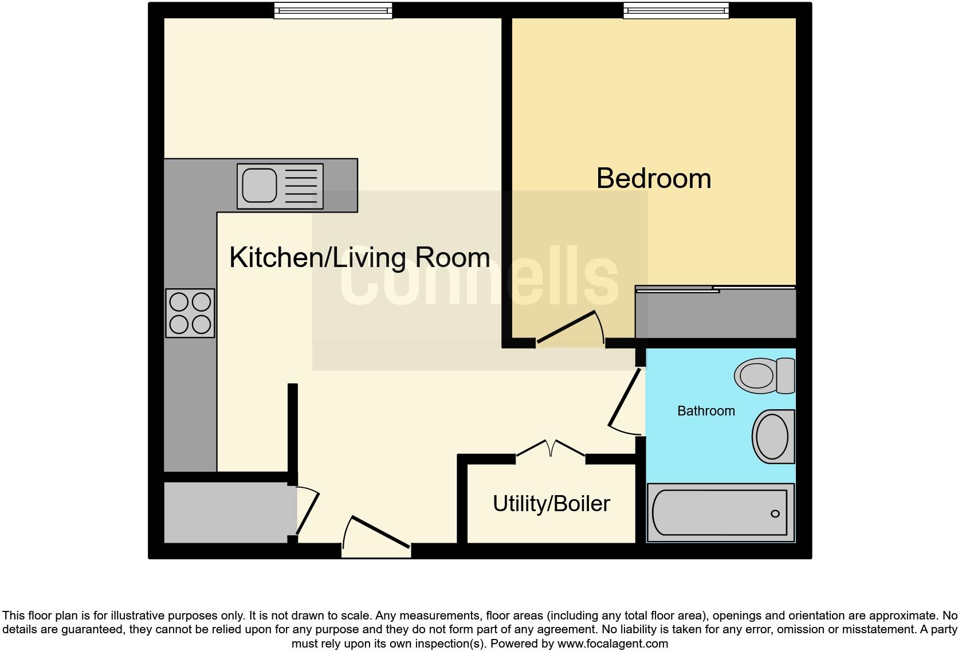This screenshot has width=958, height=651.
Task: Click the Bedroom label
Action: tap(653, 178)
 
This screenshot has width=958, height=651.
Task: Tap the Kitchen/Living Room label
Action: tap(359, 257)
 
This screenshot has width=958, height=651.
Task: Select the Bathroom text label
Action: tap(705, 411)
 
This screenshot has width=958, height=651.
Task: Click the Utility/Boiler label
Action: tap(551, 504)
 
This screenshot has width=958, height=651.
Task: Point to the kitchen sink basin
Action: tap(259, 186)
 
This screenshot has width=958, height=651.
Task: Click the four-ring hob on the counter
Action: tap(190, 313)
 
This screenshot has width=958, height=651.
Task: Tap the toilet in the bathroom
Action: tap(764, 376)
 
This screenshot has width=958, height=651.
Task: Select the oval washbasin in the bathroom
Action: tap(772, 436)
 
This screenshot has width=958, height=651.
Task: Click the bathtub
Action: tap(720, 513)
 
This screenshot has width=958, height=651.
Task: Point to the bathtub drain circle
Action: tap(775, 513)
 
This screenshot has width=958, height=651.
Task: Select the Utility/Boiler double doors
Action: tap(551, 448)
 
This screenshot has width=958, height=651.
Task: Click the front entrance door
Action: tap(379, 532)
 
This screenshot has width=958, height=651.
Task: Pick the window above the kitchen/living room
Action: tap(333, 10)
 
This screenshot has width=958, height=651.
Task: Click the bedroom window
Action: tap(676, 10)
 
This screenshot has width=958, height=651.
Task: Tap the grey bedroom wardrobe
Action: tap(716, 314)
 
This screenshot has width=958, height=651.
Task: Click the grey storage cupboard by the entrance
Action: tap(226, 512)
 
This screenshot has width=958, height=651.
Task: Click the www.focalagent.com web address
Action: tap(613, 644)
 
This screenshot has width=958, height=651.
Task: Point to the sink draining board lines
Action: tap(300, 186)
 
